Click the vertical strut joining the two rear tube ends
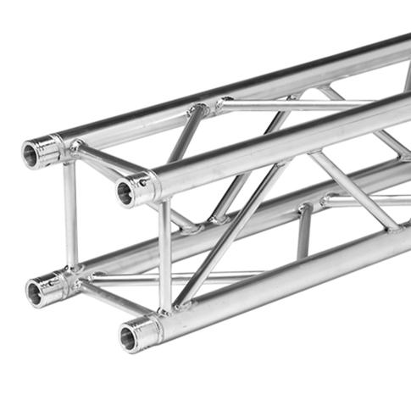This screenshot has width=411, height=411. (x=71, y=216)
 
